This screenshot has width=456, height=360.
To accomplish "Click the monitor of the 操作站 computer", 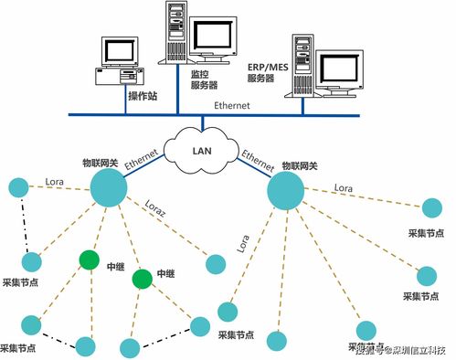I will click(x=119, y=52).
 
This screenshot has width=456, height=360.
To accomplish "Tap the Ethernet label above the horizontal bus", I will click(x=233, y=106).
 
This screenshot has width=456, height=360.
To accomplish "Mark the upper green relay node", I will click(x=89, y=259).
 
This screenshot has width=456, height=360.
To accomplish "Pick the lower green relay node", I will click(x=142, y=278).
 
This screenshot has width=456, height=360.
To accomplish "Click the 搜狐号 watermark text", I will click(x=369, y=348).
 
